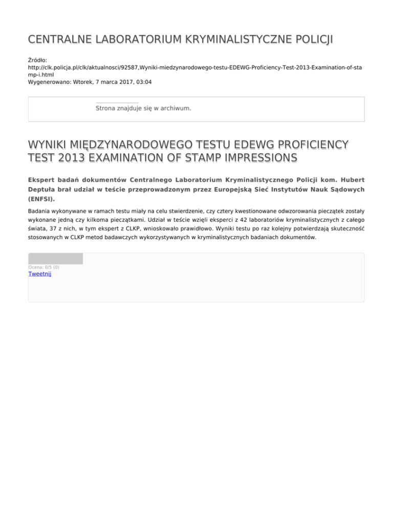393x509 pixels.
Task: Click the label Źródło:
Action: point(38,60)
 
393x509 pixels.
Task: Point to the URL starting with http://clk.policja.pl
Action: point(194,67)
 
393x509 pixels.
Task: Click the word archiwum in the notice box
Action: point(175,109)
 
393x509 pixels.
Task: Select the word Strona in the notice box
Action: point(106,109)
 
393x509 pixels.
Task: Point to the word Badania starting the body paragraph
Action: point(41,210)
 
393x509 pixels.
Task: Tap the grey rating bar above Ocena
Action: point(55,259)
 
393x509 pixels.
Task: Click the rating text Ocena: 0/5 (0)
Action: point(43,267)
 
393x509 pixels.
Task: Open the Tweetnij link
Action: point(39,274)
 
